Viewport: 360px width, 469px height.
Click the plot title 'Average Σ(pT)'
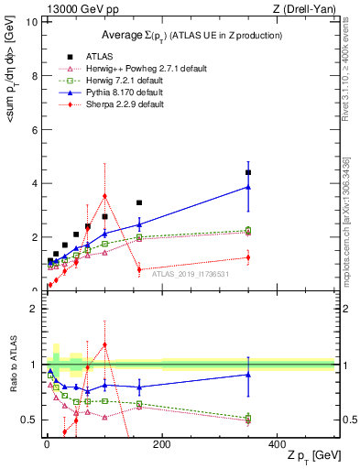[191, 35]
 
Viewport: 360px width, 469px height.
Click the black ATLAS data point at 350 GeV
[248, 172]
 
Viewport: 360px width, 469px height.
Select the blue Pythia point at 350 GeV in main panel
[248, 187]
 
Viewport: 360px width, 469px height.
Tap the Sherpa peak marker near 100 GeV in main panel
[105, 195]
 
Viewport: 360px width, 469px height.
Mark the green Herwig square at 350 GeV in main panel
[248, 231]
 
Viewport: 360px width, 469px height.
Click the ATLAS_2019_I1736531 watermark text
[191, 273]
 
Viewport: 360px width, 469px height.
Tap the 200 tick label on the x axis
[162, 444]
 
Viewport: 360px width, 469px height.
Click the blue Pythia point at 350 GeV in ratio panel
[248, 374]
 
